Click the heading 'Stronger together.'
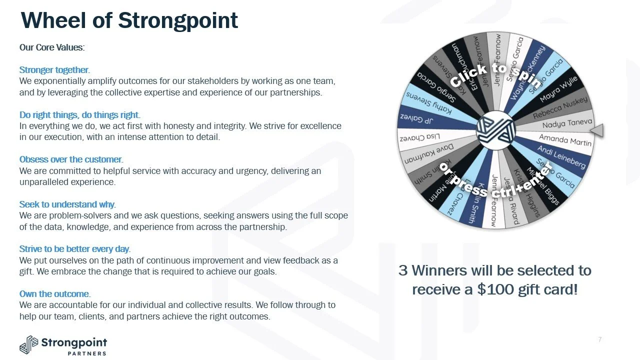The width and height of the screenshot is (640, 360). click(54, 70)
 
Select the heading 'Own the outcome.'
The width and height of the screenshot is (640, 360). click(55, 293)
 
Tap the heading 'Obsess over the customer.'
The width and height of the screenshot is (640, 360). click(71, 159)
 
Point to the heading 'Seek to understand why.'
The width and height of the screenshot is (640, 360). click(67, 204)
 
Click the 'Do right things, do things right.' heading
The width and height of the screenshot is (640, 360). click(80, 115)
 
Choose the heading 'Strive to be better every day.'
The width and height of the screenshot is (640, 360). click(75, 249)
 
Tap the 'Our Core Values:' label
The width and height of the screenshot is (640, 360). click(52, 47)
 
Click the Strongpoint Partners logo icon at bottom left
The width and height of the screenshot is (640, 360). click(28, 345)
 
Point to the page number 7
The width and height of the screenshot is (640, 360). click(599, 340)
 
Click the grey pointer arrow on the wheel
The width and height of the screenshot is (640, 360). click(597, 130)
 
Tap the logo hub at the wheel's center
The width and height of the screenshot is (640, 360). click(495, 131)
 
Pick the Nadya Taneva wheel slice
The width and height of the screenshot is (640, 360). click(559, 124)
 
